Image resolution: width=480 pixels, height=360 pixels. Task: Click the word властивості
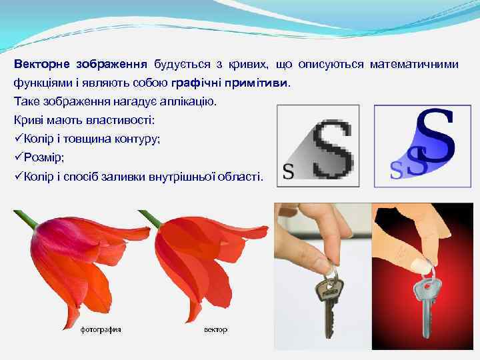(123, 121)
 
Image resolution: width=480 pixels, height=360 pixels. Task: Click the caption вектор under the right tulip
(215, 329)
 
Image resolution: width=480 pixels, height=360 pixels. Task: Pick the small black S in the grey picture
(288, 171)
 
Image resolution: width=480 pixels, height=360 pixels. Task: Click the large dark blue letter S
(434, 136)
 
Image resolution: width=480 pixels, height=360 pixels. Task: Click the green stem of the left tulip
(27, 219)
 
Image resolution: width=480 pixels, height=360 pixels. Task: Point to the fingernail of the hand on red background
(420, 263)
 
